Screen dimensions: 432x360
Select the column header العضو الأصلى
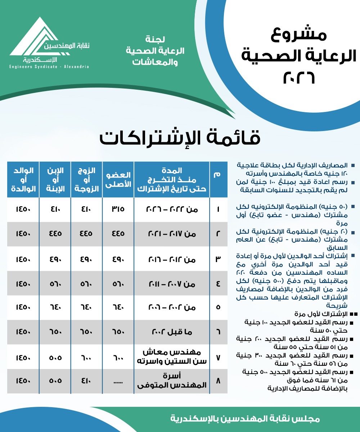pyautogui.click(x=118, y=179)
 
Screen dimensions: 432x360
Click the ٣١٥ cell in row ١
pyautogui.click(x=118, y=209)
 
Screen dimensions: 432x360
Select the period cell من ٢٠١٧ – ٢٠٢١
pyautogui.click(x=172, y=234)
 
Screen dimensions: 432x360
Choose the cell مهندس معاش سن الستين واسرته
pyautogui.click(x=172, y=356)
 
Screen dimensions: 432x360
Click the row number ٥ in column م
pyautogui.click(x=218, y=307)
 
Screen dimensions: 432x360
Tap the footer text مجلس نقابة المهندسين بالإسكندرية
pyautogui.click(x=245, y=419)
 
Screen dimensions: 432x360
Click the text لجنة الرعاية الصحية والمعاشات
pyautogui.click(x=155, y=50)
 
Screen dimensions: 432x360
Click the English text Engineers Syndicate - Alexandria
pyautogui.click(x=49, y=67)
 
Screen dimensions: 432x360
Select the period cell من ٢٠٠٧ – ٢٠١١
pyautogui.click(x=172, y=283)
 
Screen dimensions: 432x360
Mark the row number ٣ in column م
pyautogui.click(x=218, y=258)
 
